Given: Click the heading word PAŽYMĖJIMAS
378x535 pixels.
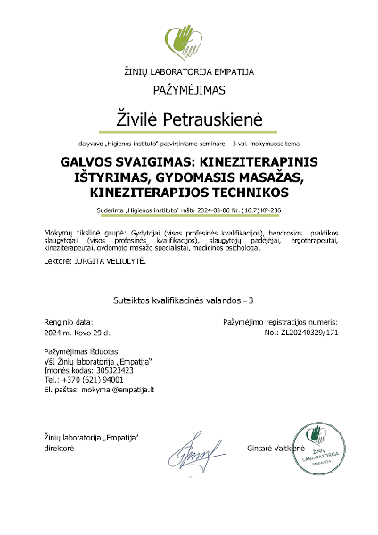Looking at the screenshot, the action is click(x=189, y=89).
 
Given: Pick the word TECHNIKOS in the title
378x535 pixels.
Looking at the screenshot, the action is click(x=241, y=193).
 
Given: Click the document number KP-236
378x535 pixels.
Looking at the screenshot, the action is click(x=268, y=211).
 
